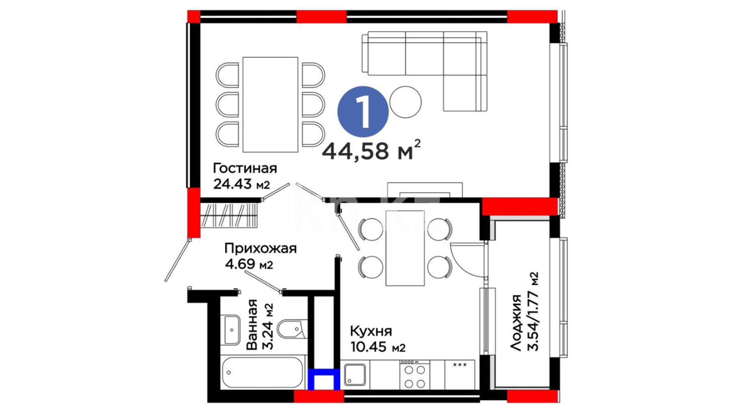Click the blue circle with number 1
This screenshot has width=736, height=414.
pyautogui.click(x=363, y=112)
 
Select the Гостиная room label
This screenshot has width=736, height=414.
pyautogui.click(x=245, y=168)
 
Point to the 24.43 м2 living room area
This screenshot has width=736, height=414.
pyautogui.click(x=242, y=184)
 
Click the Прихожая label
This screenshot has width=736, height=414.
pyautogui.click(x=261, y=249)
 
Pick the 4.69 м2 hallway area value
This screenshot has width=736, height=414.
pyautogui.click(x=249, y=264)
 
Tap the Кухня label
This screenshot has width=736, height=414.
pyautogui.click(x=371, y=331)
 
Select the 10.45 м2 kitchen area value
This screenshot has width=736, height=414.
pyautogui.click(x=378, y=347)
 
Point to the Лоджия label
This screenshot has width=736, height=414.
pyautogui.click(x=516, y=323)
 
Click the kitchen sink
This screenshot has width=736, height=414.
pyautogui.click(x=355, y=375)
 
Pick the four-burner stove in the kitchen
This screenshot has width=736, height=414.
pyautogui.click(x=415, y=375)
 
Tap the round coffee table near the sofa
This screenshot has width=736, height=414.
pyautogui.click(x=406, y=102)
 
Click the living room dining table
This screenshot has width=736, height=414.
pyautogui.click(x=270, y=104)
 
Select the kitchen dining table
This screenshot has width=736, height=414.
pyautogui.click(x=405, y=248)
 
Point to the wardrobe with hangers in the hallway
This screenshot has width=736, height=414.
pyautogui.click(x=229, y=215)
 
